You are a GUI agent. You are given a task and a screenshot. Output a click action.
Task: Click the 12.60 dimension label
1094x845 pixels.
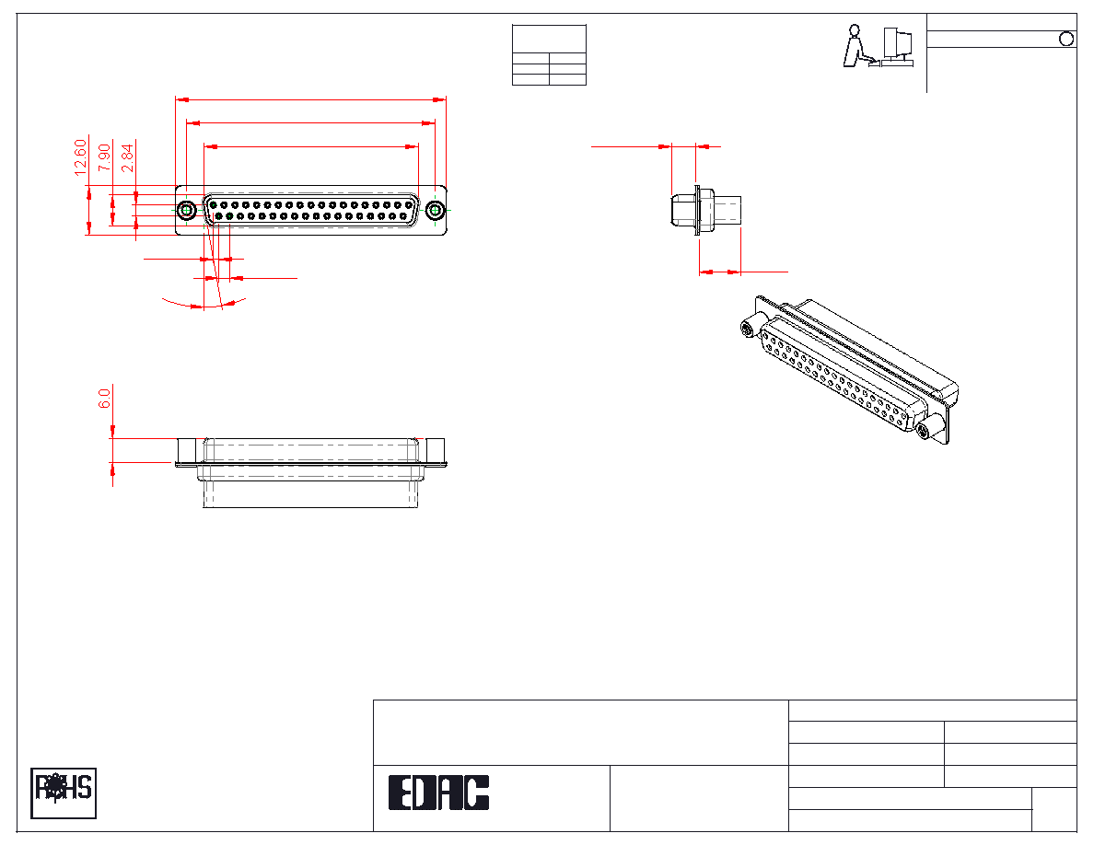[80, 157]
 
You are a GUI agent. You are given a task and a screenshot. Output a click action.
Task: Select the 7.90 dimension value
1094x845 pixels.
[104, 157]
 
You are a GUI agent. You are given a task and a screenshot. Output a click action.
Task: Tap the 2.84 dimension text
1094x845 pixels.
[127, 157]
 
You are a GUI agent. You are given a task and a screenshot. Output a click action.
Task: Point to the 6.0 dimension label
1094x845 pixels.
[104, 399]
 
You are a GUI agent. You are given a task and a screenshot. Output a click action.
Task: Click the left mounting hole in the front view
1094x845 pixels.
[186, 210]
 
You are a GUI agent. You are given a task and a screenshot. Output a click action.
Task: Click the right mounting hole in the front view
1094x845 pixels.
[436, 210]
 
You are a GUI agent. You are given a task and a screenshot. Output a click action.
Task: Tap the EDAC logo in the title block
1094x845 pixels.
[438, 793]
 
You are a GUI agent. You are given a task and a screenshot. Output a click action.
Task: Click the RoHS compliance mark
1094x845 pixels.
[64, 793]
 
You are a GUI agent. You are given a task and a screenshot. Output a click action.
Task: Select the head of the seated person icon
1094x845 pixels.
[854, 29]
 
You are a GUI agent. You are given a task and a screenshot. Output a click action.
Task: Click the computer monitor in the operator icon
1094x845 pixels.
[898, 42]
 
